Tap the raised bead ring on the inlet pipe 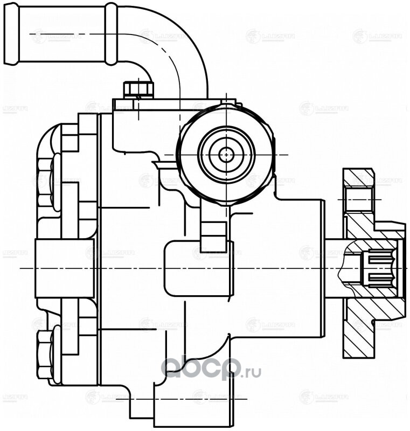(110, 36)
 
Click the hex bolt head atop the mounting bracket (138, 89)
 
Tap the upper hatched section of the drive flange (358, 178)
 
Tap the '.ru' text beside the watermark (251, 372)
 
